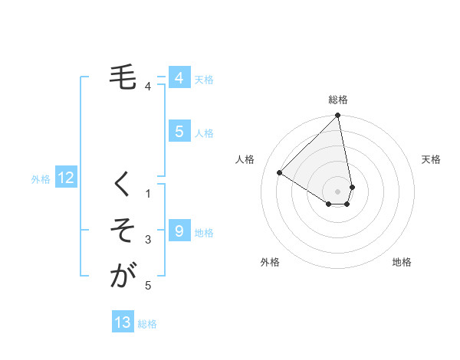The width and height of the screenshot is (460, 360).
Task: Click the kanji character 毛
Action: click(x=122, y=77)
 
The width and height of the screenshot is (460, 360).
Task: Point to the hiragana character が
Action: click(x=122, y=275)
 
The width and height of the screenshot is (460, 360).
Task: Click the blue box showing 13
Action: click(x=123, y=322)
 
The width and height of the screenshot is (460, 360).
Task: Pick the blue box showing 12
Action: click(x=66, y=178)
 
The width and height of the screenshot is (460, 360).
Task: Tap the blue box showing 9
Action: click(x=179, y=231)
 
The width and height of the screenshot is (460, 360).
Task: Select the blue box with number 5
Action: click(x=179, y=131)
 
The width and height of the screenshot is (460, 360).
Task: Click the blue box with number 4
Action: click(x=179, y=77)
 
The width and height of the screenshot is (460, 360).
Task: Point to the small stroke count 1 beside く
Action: click(x=148, y=194)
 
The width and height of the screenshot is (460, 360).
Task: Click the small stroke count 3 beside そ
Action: click(x=148, y=240)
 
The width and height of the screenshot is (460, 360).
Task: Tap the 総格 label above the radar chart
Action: click(x=338, y=100)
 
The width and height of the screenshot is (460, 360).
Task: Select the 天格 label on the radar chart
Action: click(x=432, y=159)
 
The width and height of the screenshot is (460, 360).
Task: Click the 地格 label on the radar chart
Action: click(x=402, y=262)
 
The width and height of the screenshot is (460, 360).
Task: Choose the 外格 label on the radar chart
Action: click(x=270, y=262)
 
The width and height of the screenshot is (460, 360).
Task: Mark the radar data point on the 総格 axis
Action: click(x=338, y=116)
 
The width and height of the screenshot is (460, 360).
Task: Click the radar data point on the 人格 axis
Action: click(x=280, y=173)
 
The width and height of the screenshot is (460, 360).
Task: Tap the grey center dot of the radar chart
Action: click(x=338, y=191)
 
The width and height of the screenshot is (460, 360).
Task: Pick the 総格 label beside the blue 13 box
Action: click(x=147, y=324)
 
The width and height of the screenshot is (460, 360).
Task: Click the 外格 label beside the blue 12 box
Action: click(x=41, y=179)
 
